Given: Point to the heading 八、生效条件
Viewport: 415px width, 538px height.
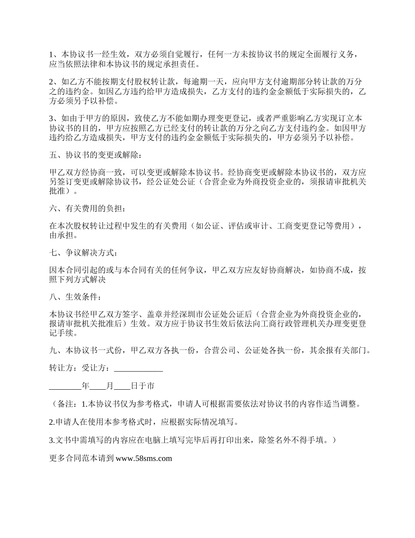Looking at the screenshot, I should (76, 298).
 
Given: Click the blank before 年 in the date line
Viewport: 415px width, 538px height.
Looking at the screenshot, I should (65, 386).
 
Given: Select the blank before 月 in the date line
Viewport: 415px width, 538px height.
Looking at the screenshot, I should (98, 386).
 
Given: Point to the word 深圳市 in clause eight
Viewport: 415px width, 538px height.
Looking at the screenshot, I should (180, 314).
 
